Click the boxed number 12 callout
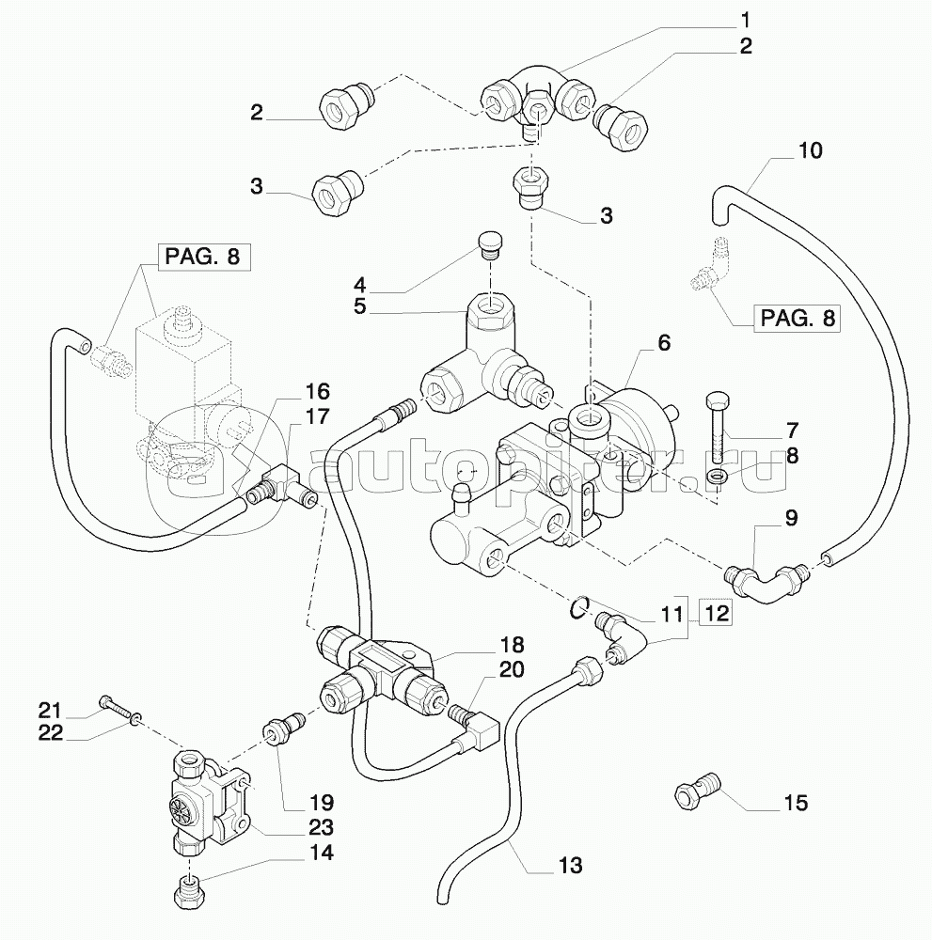click(717, 615)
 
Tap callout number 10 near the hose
click(810, 150)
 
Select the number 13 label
click(570, 865)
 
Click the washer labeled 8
click(718, 478)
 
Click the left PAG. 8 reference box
click(204, 256)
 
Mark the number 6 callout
click(664, 343)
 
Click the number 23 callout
click(322, 828)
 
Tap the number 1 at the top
click(744, 18)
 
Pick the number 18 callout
click(513, 645)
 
